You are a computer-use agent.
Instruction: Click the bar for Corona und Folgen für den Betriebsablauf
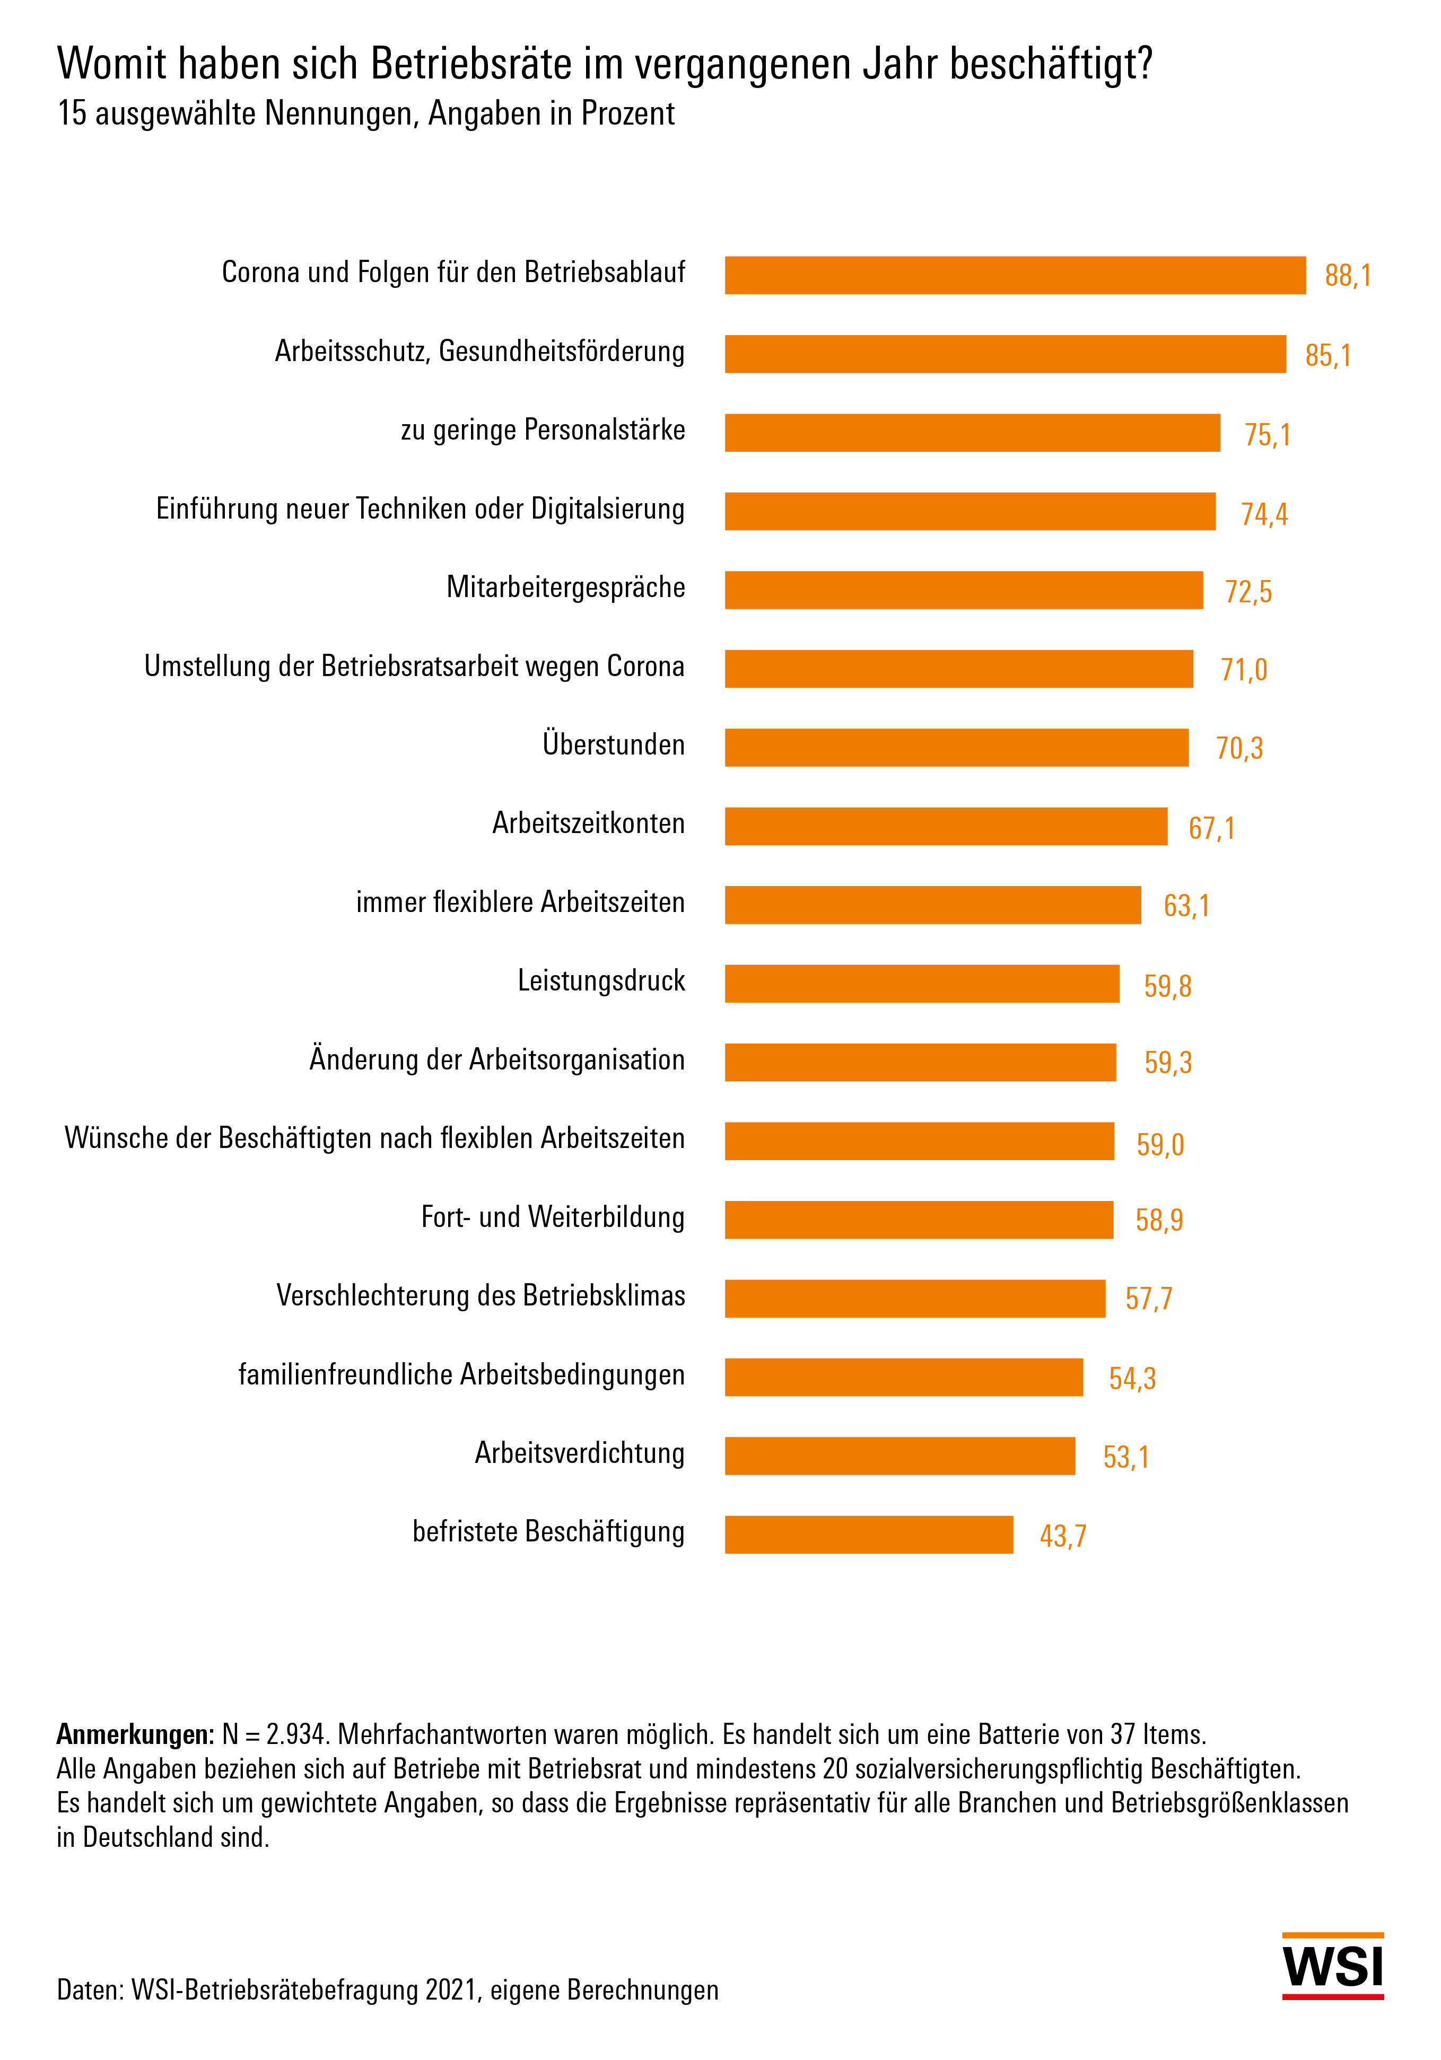pyautogui.click(x=1014, y=275)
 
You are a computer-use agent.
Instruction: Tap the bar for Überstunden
pyautogui.click(x=956, y=747)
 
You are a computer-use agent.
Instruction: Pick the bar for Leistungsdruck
pyautogui.click(x=921, y=984)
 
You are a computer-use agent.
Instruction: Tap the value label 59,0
pyautogui.click(x=1159, y=1145)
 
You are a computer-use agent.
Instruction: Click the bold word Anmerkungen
pyautogui.click(x=135, y=1734)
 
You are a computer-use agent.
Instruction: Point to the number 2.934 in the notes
pyautogui.click(x=294, y=1734)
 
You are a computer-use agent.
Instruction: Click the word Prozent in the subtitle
pyautogui.click(x=627, y=114)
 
